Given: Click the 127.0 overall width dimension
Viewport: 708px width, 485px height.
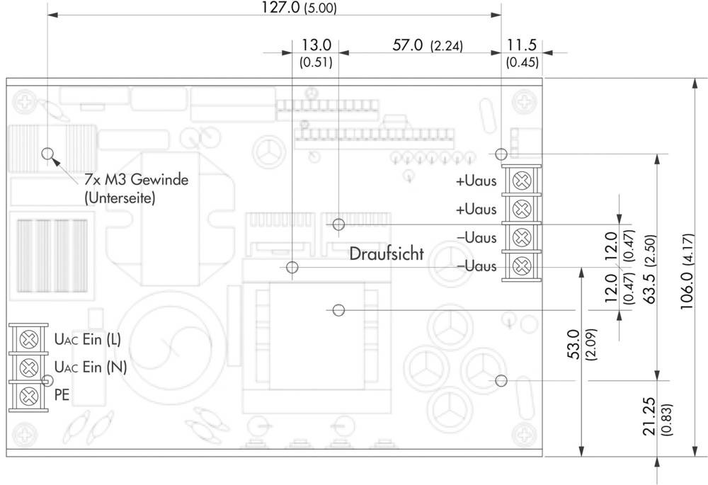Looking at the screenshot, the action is click(x=280, y=7).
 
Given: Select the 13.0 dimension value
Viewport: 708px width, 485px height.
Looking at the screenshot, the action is click(x=316, y=45).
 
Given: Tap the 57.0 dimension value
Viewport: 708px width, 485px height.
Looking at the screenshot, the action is click(x=407, y=45).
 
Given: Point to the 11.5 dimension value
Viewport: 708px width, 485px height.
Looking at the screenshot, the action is click(x=521, y=45).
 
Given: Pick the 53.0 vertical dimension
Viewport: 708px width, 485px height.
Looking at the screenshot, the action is click(x=573, y=344).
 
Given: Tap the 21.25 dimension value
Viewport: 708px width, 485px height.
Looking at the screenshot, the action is click(x=649, y=416).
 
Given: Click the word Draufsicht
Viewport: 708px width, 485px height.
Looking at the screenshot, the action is click(x=387, y=253).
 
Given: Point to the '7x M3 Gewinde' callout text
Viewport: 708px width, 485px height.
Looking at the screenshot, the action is click(x=137, y=180).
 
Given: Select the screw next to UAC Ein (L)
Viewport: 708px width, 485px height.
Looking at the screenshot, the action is click(x=29, y=339).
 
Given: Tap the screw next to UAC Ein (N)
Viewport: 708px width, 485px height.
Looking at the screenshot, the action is click(x=29, y=367).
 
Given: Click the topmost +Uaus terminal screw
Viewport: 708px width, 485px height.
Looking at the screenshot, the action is click(x=522, y=181).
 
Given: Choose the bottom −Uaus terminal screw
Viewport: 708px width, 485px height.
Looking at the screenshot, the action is click(x=522, y=266).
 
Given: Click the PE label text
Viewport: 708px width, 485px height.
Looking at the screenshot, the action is click(x=62, y=394).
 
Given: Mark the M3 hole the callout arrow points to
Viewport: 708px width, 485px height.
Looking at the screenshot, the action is click(x=47, y=154).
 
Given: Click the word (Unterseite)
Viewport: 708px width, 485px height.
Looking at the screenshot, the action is click(x=120, y=198).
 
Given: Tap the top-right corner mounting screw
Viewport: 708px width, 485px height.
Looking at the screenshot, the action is click(x=524, y=101).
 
